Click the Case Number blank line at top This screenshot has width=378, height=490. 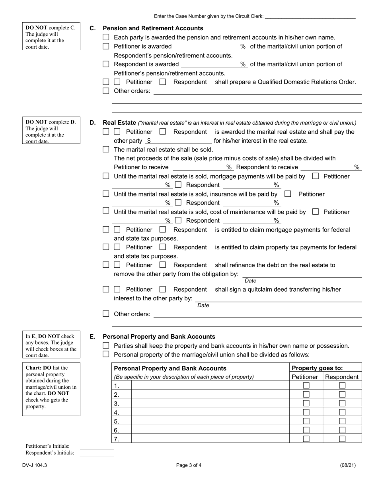(x=310, y=16)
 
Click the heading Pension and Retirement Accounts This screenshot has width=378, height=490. (x=153, y=28)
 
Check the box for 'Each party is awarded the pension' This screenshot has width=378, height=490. (x=106, y=37)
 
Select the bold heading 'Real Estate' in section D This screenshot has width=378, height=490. (x=119, y=123)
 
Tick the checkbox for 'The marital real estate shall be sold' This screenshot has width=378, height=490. (x=106, y=149)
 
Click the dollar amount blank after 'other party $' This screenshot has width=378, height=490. (x=181, y=141)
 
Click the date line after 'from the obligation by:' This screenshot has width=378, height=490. (x=302, y=274)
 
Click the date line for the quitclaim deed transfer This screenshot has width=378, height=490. (x=279, y=298)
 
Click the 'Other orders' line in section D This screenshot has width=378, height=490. (x=257, y=314)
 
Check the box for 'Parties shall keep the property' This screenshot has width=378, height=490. (x=106, y=345)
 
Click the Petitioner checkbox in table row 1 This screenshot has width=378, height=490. (x=306, y=386)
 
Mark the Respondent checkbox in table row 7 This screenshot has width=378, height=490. (x=342, y=439)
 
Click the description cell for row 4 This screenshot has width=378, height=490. (x=210, y=412)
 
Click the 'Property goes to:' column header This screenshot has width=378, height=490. (x=317, y=368)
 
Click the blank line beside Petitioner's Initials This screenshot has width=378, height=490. (x=97, y=447)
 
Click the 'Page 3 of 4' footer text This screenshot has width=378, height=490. (x=189, y=465)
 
